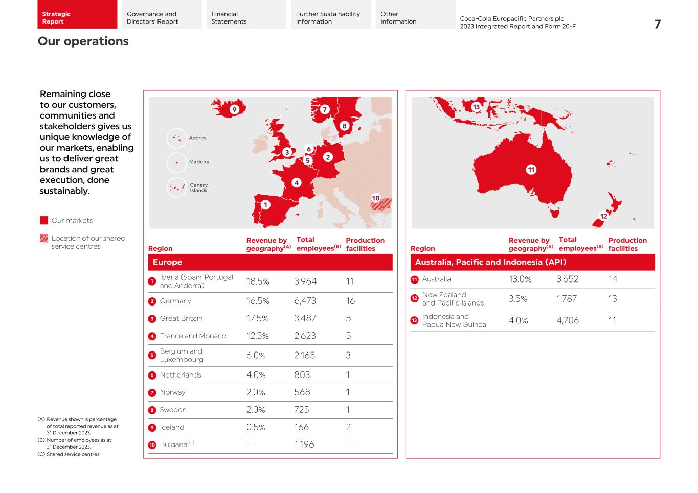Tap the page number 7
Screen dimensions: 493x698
(657, 25)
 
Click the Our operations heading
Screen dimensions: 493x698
(83, 41)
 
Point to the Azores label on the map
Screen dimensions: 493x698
(197, 138)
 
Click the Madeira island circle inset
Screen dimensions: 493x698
(177, 162)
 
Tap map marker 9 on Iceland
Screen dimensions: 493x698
(234, 109)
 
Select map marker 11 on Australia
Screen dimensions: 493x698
(531, 170)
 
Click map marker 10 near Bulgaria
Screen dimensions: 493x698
(375, 198)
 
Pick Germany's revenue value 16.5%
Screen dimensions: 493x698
(258, 301)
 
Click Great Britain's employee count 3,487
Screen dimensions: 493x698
(305, 319)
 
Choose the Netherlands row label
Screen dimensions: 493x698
(181, 375)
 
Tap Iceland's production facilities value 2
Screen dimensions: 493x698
(348, 427)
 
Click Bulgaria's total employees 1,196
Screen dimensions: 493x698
(304, 444)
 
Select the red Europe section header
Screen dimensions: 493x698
(270, 262)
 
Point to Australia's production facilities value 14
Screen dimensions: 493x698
(613, 279)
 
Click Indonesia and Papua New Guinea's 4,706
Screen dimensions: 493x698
(568, 321)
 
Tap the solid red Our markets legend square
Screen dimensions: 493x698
(44, 221)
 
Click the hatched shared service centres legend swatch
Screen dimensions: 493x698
(44, 238)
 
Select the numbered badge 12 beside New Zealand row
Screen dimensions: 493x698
(415, 299)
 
